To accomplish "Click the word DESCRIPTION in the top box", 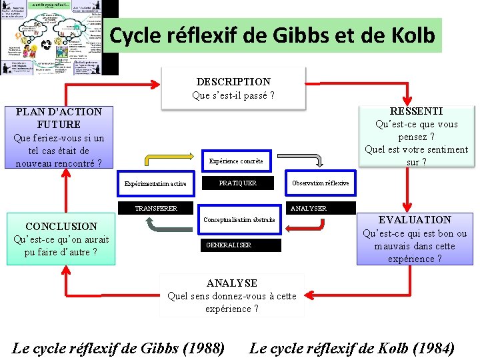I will (x=233, y=81).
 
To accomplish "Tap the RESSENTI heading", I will (x=416, y=111).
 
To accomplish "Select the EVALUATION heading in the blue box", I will (x=415, y=219).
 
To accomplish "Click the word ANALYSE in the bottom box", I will (x=232, y=283).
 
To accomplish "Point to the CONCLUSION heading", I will (x=61, y=226).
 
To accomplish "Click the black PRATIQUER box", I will (x=238, y=183).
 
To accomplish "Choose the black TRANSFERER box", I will (x=156, y=208).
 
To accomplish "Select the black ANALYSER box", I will (x=308, y=208).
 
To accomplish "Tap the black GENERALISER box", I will (x=241, y=245).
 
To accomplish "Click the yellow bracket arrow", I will (x=174, y=157).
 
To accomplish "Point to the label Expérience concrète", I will (x=236, y=161).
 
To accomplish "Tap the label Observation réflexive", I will (x=320, y=183).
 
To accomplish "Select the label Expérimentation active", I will (x=155, y=183).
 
